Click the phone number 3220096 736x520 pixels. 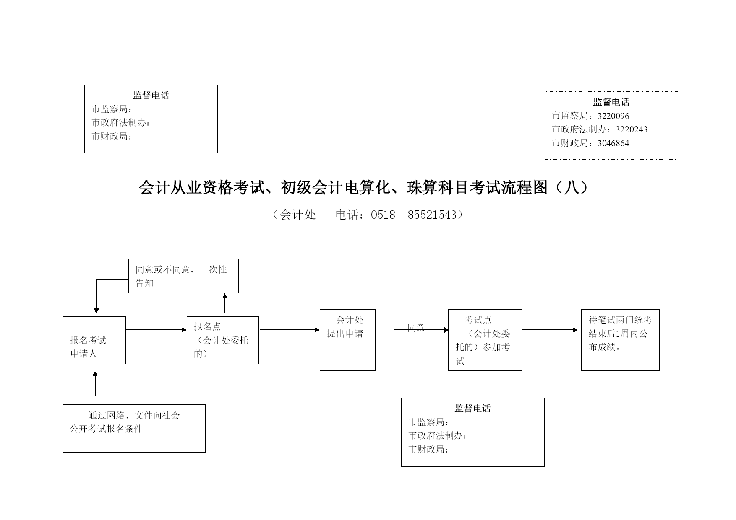coord(613,116)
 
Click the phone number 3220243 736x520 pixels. coord(632,129)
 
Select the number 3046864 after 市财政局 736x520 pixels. coord(613,143)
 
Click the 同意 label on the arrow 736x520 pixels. coord(416,328)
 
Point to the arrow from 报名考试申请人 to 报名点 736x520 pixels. coord(157,330)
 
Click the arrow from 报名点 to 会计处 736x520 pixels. coord(290,330)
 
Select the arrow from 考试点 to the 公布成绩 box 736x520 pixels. coord(550,330)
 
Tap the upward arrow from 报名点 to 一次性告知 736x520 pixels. coord(225,303)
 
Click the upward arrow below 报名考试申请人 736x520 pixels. coord(95,383)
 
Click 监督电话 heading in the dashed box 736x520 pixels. coord(611,102)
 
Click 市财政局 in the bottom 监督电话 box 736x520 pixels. coord(426,450)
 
